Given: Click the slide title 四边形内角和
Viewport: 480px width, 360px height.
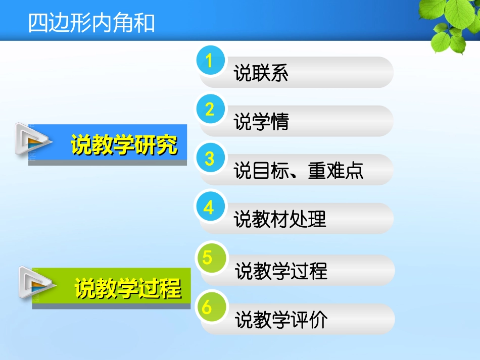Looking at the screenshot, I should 91,23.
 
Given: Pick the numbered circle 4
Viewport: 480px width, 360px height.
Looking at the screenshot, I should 210,208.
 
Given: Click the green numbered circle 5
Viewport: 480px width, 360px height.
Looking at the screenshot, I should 208,258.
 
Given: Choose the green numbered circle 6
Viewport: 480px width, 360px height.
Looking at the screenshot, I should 208,306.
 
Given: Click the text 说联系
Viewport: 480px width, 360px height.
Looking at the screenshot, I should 261,74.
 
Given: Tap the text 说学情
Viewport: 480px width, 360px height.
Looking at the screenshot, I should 261,122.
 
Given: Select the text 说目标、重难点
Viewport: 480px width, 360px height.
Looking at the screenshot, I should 298,171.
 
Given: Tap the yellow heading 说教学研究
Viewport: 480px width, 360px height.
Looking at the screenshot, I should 124,145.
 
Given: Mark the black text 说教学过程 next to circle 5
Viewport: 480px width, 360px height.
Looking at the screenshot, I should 281,271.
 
